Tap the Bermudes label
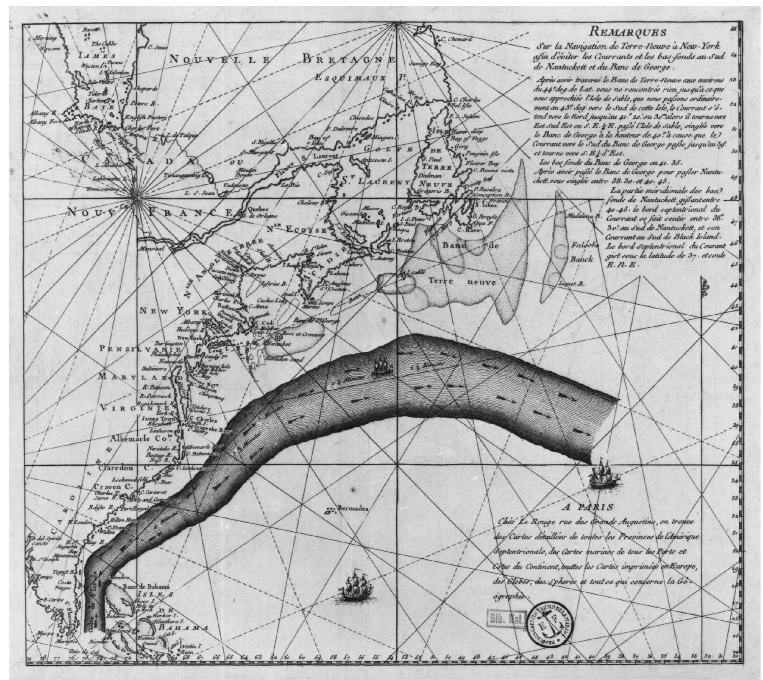click(x=352, y=509)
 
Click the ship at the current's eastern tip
click(x=602, y=474)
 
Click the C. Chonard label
click(x=456, y=39)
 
